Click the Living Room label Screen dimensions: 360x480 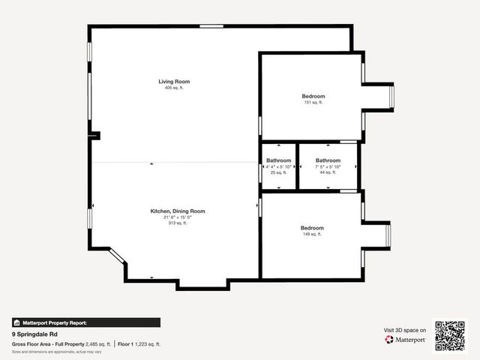tap(174, 81)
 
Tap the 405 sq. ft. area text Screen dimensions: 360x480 tap(174, 88)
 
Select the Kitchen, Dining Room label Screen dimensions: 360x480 tap(177, 211)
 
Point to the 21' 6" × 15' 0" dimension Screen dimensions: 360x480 tap(177, 217)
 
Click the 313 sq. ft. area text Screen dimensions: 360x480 tap(177, 223)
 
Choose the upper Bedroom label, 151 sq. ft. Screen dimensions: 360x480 tap(313, 96)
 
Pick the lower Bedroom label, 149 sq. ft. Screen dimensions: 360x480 tap(312, 228)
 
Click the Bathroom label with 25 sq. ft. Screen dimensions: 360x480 tap(279, 160)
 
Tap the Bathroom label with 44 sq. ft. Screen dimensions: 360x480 tap(328, 160)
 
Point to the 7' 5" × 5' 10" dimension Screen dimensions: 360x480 tap(328, 166)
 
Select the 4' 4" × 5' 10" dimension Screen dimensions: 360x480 tap(279, 166)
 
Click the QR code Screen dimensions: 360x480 tap(450, 336)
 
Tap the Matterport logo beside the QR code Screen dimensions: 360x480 tap(406, 340)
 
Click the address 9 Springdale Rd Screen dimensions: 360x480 tap(34, 334)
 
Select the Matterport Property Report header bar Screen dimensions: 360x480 tap(85, 322)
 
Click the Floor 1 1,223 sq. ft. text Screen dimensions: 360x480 tap(139, 344)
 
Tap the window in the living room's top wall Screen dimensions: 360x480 tap(211, 26)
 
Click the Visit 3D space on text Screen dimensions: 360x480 tap(405, 330)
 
